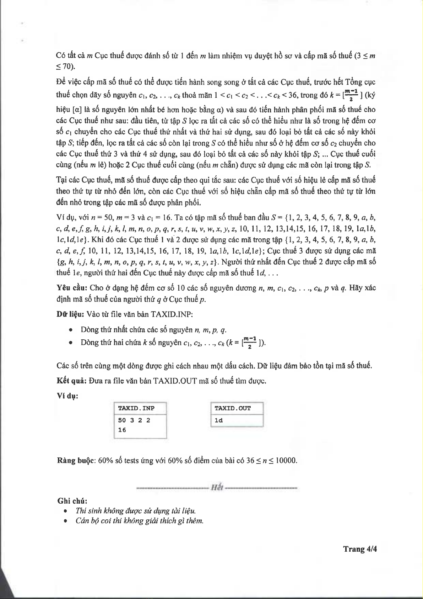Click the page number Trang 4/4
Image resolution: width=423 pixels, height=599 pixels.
tap(359, 549)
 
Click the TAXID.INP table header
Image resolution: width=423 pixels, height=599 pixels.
tap(136, 408)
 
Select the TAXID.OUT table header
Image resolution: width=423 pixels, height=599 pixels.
tap(233, 408)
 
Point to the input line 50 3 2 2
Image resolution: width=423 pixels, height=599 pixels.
tap(134, 420)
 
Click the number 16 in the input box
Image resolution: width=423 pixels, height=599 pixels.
tap(122, 430)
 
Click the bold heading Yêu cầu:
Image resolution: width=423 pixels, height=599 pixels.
tap(72, 288)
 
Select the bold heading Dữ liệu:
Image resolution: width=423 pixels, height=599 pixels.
tap(70, 314)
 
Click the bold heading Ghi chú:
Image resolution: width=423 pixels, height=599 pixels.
tap(72, 501)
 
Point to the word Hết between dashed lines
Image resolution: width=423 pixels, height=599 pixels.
tap(217, 487)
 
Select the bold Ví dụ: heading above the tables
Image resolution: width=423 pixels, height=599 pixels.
tap(67, 396)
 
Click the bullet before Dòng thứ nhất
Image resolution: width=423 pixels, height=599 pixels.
tap(72, 330)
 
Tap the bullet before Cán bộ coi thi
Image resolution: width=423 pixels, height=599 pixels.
tap(66, 521)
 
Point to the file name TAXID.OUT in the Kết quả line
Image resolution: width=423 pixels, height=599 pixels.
tap(175, 381)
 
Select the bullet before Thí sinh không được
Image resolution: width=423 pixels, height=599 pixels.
tap(66, 511)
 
